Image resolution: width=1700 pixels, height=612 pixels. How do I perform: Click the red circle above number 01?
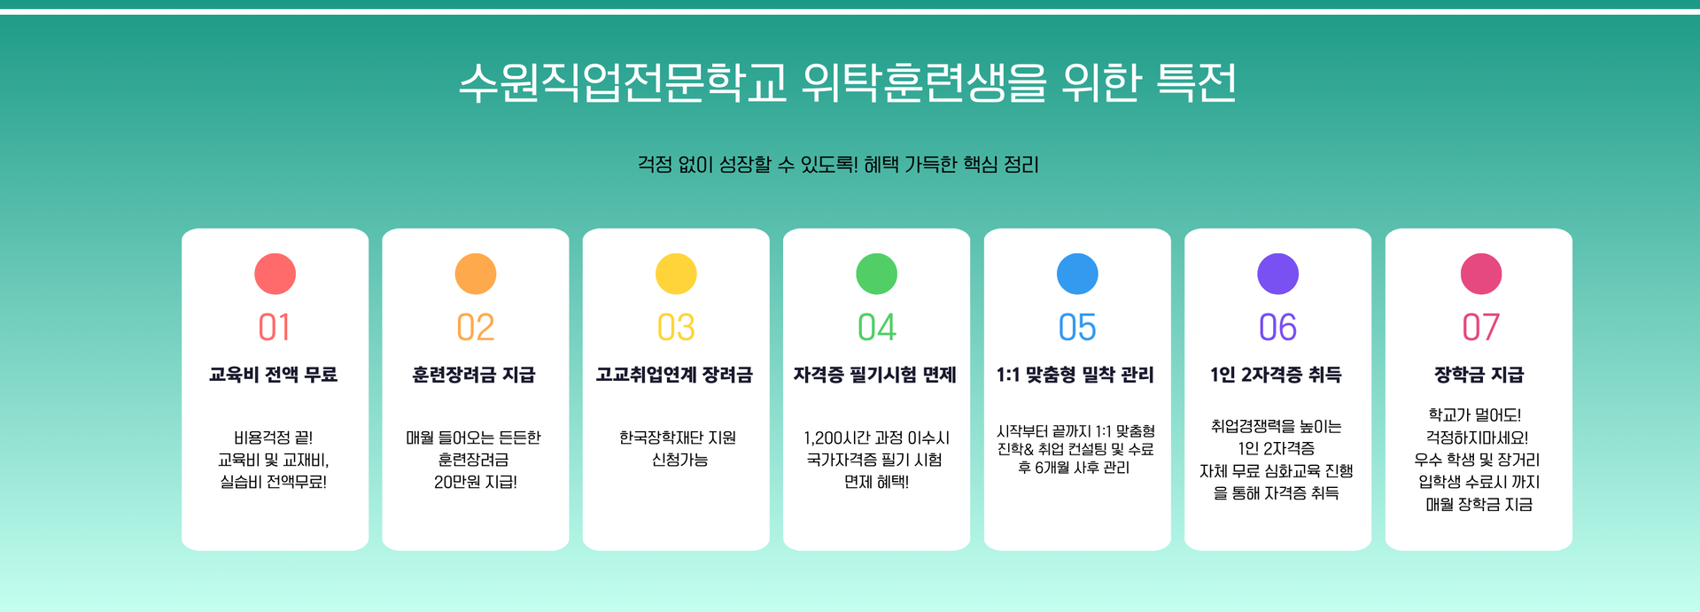point(275,274)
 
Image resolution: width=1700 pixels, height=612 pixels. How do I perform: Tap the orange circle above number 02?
point(476,274)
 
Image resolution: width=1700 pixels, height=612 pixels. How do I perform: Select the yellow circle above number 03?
point(676,274)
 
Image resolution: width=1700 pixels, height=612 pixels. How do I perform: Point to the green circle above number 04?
point(877,274)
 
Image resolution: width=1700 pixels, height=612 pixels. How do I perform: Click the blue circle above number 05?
point(1077,274)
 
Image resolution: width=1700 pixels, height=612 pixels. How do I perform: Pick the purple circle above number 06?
point(1278,274)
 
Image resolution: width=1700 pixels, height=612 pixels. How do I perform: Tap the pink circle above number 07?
point(1481,274)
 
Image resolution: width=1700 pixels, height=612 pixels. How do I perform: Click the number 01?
point(275,328)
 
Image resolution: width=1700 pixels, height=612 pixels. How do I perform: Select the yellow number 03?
point(676,328)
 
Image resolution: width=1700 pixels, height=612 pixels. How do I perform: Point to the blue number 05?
point(1077,328)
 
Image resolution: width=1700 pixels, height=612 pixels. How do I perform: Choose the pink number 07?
point(1481,328)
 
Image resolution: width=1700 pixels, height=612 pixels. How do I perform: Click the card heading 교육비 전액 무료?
point(274,375)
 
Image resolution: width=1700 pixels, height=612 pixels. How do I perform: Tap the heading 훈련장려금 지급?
point(474,375)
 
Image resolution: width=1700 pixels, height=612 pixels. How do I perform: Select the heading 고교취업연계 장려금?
point(674,375)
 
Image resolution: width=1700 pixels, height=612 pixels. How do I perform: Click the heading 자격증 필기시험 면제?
point(875,375)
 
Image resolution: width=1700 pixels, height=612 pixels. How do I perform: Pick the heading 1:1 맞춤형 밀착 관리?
point(1075,375)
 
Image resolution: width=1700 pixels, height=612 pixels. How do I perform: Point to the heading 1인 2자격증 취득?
point(1277,375)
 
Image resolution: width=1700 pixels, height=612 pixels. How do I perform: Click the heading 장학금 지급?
point(1479,375)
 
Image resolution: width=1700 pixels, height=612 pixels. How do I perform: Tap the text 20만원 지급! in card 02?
point(476,482)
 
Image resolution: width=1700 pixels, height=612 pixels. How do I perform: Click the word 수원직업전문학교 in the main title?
point(623,82)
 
